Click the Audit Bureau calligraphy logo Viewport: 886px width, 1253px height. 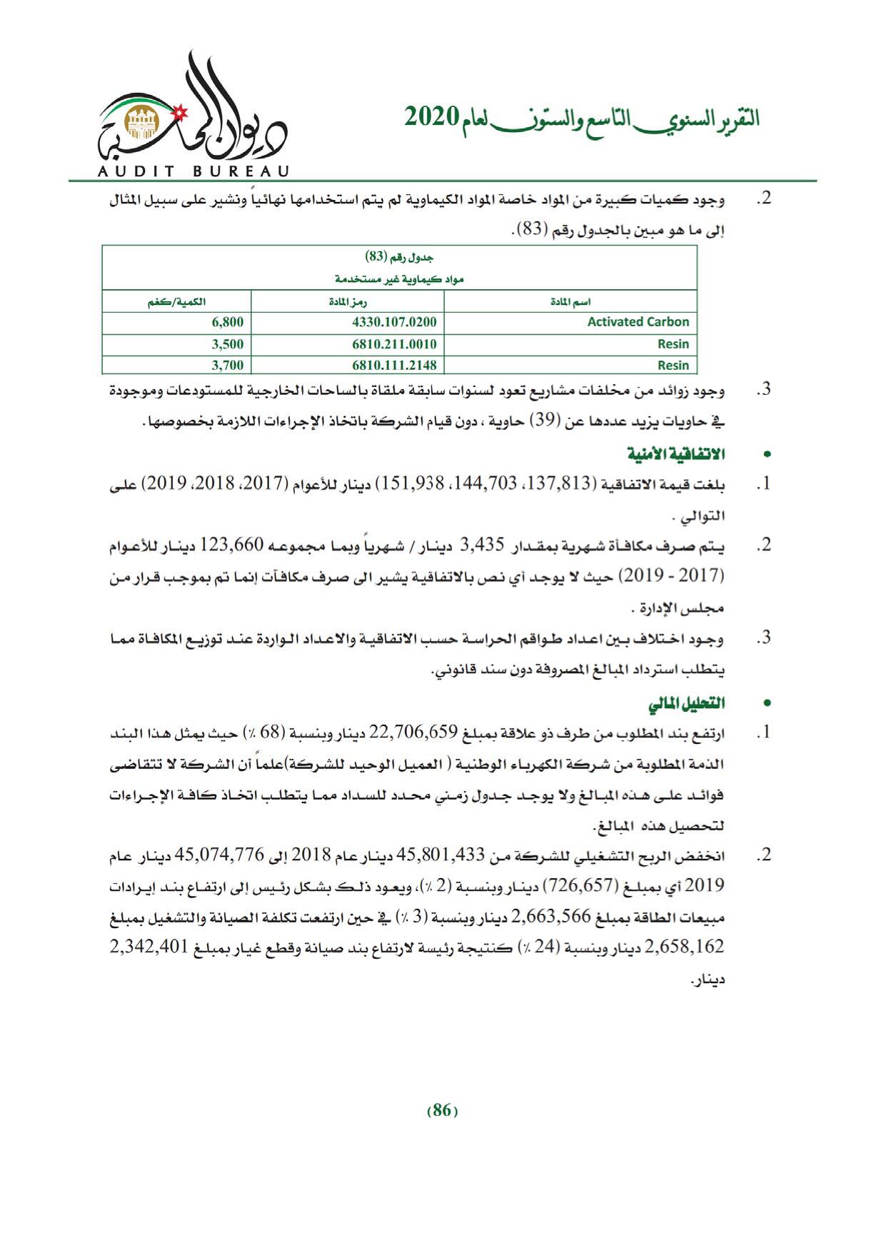[191, 114]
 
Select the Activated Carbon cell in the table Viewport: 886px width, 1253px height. [638, 322]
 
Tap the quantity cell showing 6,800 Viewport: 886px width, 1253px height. [228, 322]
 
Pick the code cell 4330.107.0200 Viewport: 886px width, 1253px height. [394, 322]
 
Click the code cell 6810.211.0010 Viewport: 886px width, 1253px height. [394, 344]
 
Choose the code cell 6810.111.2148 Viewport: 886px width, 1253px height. [394, 366]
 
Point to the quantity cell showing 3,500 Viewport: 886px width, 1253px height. [228, 344]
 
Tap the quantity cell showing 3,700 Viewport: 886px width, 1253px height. [228, 366]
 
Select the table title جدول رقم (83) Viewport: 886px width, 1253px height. [400, 257]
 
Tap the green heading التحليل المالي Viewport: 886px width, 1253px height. [685, 704]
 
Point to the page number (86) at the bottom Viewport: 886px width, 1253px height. [442, 1110]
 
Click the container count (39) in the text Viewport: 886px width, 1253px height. [550, 422]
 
